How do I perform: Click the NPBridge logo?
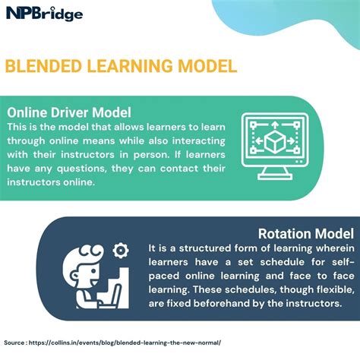point(45,13)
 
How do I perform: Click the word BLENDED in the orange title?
point(44,65)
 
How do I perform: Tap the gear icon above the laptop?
point(119,251)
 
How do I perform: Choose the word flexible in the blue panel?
point(325,289)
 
